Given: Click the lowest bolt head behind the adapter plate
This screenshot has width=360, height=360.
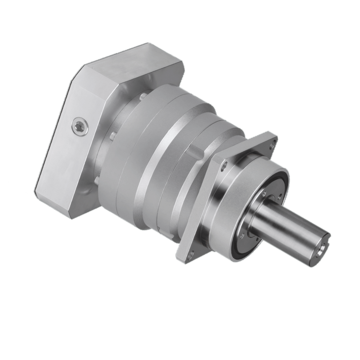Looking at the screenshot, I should click(96, 180).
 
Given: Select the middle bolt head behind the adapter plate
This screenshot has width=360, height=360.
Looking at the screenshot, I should click(113, 134).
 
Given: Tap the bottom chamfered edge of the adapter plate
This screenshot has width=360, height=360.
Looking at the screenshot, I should click(53, 204).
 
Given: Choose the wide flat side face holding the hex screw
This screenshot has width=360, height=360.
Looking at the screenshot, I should click(70, 148).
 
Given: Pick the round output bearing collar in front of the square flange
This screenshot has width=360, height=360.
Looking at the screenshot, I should click(232, 197).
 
